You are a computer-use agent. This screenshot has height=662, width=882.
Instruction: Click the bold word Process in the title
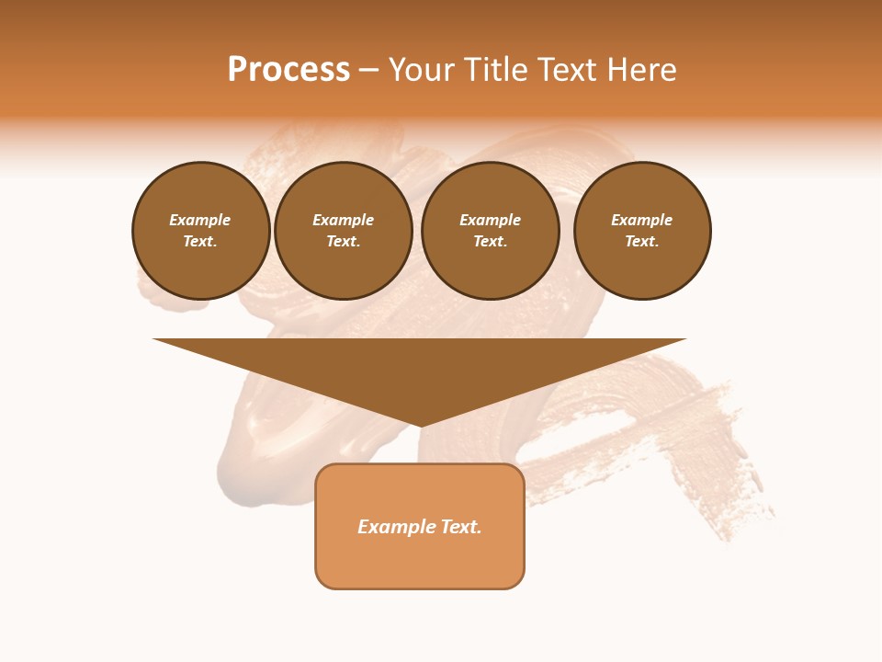click(288, 70)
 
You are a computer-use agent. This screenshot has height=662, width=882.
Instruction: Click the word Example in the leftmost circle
click(200, 221)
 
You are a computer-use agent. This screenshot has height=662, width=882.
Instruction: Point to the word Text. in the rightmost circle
click(642, 242)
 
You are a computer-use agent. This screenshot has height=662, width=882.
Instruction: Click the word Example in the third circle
click(490, 221)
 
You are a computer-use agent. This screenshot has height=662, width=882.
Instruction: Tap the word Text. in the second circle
click(343, 242)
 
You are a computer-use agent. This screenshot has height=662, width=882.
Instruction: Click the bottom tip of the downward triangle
click(420, 424)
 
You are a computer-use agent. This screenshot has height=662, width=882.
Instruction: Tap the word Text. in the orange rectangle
click(460, 527)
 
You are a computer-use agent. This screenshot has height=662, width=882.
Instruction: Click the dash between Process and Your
click(368, 70)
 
